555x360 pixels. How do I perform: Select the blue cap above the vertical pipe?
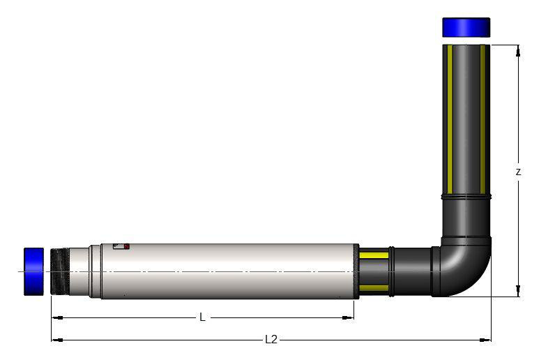pyautogui.click(x=466, y=27)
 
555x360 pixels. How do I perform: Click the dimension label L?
pyautogui.click(x=202, y=317)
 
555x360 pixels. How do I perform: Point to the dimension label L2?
pyautogui.click(x=271, y=340)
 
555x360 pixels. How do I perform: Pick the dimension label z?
pyautogui.click(x=518, y=172)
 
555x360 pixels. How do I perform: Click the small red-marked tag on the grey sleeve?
pyautogui.click(x=121, y=246)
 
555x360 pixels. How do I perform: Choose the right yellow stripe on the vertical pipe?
pyautogui.click(x=482, y=119)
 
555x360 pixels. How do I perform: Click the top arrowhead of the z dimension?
pyautogui.click(x=518, y=50)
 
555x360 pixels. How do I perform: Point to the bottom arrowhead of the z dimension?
pyautogui.click(x=518, y=292)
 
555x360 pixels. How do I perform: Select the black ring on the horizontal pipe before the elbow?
pyautogui.click(x=392, y=271)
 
